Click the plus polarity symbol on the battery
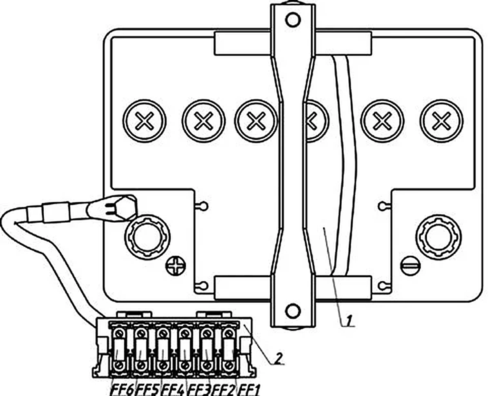(176, 266)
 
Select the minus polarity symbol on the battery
(411, 266)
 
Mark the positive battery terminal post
(147, 237)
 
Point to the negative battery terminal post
(439, 237)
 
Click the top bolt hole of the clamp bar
(293, 20)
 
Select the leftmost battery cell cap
(145, 121)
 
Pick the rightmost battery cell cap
(442, 121)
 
